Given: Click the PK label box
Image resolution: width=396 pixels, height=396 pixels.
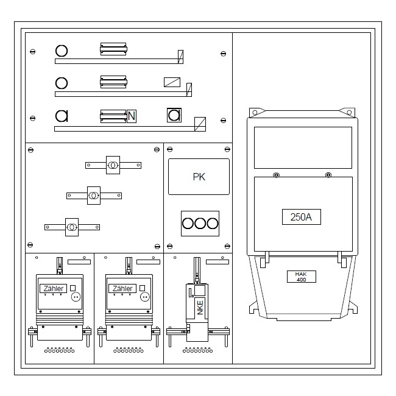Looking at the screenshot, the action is (199, 177).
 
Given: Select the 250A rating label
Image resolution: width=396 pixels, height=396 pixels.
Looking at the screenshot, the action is (302, 217).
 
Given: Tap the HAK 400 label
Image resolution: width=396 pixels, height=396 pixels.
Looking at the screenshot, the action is (302, 277).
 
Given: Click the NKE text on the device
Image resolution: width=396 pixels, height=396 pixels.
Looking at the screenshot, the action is (200, 307).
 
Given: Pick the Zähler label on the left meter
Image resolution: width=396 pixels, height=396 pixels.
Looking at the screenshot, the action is (53, 288).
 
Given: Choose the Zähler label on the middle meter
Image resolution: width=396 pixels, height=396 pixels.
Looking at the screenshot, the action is (122, 288).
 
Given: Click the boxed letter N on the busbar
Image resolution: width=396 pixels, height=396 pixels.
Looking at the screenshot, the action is (132, 116).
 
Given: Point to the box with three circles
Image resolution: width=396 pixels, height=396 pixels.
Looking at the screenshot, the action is (200, 224).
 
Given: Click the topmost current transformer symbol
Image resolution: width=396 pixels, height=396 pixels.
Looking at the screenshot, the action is (113, 165).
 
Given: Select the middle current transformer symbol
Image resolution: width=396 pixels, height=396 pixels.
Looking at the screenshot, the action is (94, 196).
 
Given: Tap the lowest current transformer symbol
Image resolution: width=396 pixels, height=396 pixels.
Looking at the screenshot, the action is (72, 227).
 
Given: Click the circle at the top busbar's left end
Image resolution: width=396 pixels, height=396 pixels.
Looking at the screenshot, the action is (62, 51).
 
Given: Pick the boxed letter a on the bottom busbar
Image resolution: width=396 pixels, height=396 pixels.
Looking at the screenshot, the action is (174, 115).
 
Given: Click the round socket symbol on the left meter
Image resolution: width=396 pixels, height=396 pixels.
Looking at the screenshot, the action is (76, 297).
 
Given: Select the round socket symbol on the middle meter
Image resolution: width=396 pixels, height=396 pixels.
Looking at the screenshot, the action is (145, 297).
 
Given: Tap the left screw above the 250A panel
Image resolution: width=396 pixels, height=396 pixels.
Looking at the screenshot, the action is (277, 175).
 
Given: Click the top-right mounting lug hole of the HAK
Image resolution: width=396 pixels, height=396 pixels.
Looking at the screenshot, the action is (349, 112).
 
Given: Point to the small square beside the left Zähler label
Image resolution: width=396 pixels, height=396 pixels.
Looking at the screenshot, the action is (72, 288).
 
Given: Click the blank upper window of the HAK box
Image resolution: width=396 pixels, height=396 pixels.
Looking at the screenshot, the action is (303, 148).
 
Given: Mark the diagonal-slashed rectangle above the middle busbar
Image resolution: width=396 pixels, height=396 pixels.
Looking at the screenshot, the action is (172, 82).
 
